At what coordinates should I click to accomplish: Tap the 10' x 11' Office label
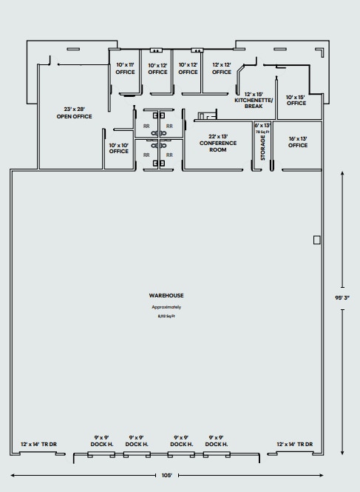[x=126, y=69]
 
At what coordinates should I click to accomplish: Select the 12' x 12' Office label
[x=222, y=69]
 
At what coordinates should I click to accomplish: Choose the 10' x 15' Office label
[x=296, y=100]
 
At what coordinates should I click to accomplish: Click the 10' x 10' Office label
[x=119, y=148]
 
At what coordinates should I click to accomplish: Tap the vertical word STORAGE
[x=263, y=148]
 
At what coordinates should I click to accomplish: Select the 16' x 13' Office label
[x=298, y=142]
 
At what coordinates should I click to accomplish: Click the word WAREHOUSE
[x=166, y=295]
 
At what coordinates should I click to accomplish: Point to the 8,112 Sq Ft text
[x=166, y=316]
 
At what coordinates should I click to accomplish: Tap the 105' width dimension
[x=167, y=475]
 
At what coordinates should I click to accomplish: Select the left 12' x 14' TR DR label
[x=44, y=444]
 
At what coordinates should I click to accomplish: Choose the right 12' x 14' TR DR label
[x=295, y=444]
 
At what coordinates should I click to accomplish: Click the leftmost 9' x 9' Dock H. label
[x=101, y=441]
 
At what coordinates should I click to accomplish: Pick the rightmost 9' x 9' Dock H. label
[x=217, y=441]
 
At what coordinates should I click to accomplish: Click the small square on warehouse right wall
[x=316, y=240]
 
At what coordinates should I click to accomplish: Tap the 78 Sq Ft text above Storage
[x=262, y=132]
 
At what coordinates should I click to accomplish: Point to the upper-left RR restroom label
[x=146, y=127]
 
